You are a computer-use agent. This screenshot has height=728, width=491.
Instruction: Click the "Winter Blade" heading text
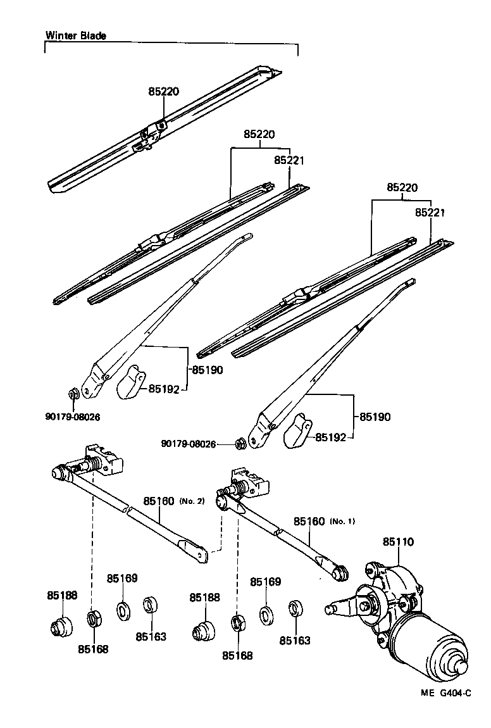[x=75, y=36]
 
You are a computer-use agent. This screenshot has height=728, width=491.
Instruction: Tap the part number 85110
[x=398, y=542]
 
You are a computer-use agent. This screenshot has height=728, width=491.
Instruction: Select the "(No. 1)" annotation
[x=342, y=522]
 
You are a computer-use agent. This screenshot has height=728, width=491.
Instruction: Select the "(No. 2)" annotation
[x=192, y=501]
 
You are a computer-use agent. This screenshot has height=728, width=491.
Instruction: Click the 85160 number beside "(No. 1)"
[x=309, y=522]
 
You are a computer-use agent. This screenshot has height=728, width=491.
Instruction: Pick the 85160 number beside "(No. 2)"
[x=158, y=501]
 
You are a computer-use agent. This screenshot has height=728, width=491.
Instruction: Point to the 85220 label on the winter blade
[x=164, y=91]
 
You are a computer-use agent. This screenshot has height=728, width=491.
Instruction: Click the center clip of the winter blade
[x=151, y=134]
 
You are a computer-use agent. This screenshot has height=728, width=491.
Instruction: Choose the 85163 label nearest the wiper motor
[x=295, y=640]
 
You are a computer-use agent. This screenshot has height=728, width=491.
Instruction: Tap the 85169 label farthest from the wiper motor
[x=122, y=578]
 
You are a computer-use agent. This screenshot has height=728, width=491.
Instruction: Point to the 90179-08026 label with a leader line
[x=189, y=445]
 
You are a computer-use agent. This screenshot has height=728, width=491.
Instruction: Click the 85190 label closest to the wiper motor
[x=375, y=417]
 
